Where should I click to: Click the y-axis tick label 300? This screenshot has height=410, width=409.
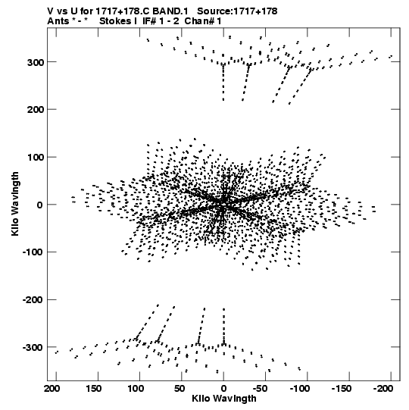[35, 62]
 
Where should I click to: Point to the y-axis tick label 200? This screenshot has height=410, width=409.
[35, 110]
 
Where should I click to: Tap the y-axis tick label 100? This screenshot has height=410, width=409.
[35, 158]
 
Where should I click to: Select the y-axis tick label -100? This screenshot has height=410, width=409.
[33, 252]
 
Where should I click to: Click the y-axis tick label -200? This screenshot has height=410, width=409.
[33, 300]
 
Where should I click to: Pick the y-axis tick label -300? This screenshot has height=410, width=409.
[33, 348]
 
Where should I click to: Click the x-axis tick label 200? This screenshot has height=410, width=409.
[52, 389]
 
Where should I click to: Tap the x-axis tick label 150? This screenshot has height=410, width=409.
[94, 389]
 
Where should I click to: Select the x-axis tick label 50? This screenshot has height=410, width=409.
[180, 389]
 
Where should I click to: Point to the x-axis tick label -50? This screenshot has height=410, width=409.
[261, 389]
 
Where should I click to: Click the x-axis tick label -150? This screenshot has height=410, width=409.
[342, 389]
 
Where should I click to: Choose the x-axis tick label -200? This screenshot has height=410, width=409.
[383, 389]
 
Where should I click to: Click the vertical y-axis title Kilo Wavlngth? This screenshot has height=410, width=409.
[15, 204]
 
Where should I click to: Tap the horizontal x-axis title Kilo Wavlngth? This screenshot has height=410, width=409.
[224, 399]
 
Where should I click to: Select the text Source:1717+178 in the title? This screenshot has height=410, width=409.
[237, 11]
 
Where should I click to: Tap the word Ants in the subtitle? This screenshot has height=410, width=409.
[58, 21]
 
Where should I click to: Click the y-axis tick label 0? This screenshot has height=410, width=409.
[39, 205]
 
